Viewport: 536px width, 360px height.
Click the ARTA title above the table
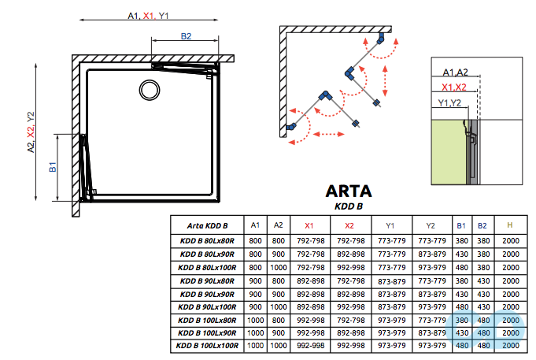coord(349,191)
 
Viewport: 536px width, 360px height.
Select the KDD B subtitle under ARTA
coord(349,206)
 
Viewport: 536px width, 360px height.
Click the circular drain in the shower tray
coord(148,88)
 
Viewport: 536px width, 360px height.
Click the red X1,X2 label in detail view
coord(455,87)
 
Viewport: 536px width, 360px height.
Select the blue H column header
coord(509,225)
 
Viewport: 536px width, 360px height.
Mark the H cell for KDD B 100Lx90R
coord(509,332)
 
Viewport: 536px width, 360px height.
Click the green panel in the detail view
coord(446,150)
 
